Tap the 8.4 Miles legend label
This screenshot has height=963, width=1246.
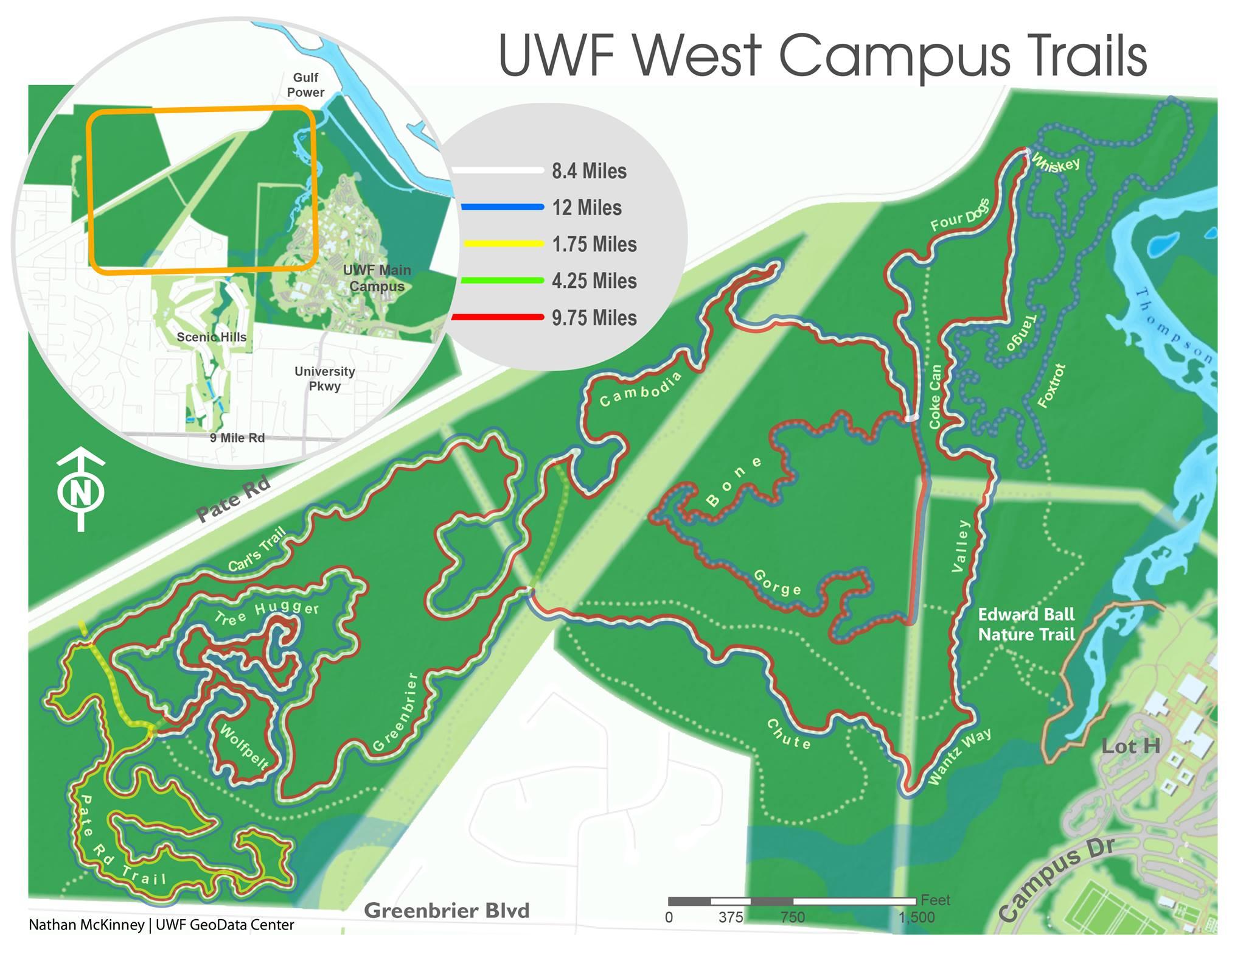[588, 171]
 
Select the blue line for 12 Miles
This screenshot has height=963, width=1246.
[503, 208]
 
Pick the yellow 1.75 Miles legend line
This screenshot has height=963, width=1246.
[503, 244]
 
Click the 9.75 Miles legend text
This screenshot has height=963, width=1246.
[594, 318]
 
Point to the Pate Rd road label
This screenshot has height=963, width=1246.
[234, 500]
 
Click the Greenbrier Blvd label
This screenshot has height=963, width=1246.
[447, 911]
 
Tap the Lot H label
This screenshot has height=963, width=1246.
[1131, 746]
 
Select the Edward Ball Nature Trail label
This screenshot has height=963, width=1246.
[1026, 625]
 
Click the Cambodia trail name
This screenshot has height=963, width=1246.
[640, 388]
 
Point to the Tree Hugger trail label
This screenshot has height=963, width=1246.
[266, 613]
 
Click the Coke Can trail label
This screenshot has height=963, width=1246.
[935, 396]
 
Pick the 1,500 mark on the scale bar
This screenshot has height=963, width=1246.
[916, 918]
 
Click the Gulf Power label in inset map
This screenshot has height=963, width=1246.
[305, 85]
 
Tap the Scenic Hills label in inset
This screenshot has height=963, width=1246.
[211, 337]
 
